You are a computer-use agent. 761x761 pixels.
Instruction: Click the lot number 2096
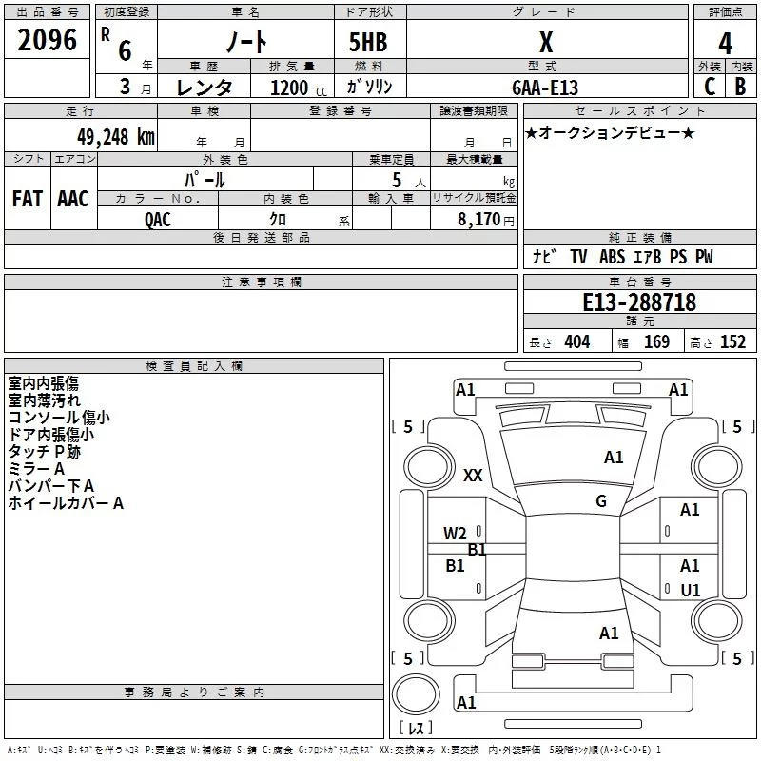click(47, 40)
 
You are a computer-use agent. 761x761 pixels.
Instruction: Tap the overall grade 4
click(725, 44)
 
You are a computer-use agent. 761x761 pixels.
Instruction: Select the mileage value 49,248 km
click(116, 137)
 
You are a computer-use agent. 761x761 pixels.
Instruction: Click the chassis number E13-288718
click(639, 302)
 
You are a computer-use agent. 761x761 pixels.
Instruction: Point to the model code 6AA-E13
click(545, 88)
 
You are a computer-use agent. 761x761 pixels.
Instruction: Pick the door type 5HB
click(368, 42)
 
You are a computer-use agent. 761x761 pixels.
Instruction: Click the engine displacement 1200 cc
click(299, 88)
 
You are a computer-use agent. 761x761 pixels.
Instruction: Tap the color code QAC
click(158, 220)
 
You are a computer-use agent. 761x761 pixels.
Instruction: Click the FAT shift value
click(28, 199)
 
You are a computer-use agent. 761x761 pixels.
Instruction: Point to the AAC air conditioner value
click(73, 199)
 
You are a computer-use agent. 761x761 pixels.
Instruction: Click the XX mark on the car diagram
click(473, 475)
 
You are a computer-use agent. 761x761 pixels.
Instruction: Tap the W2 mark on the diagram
click(455, 534)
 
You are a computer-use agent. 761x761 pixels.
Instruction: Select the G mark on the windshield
click(601, 501)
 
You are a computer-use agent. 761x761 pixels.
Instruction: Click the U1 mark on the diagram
click(691, 591)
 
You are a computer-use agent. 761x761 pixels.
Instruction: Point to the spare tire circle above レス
click(416, 694)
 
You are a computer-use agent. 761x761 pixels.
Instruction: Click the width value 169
click(656, 342)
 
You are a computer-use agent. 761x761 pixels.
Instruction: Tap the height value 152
click(732, 342)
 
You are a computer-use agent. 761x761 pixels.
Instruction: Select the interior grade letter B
click(740, 87)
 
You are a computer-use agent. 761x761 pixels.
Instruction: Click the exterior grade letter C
click(710, 87)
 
